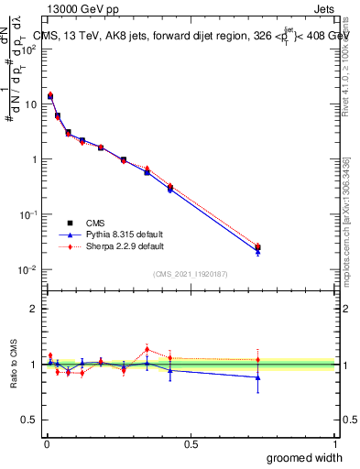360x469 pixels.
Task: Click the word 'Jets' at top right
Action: pos(324,10)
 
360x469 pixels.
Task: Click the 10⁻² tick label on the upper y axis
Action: pos(28,269)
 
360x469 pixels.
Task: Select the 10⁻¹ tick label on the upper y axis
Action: pos(28,214)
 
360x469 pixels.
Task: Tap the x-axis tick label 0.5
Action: pos(191,442)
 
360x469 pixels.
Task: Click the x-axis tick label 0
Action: pos(46,442)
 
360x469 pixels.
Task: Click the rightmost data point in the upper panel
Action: pos(257,247)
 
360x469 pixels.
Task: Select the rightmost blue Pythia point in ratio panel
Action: pos(257,377)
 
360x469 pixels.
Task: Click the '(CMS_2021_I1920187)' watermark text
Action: pos(191,273)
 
